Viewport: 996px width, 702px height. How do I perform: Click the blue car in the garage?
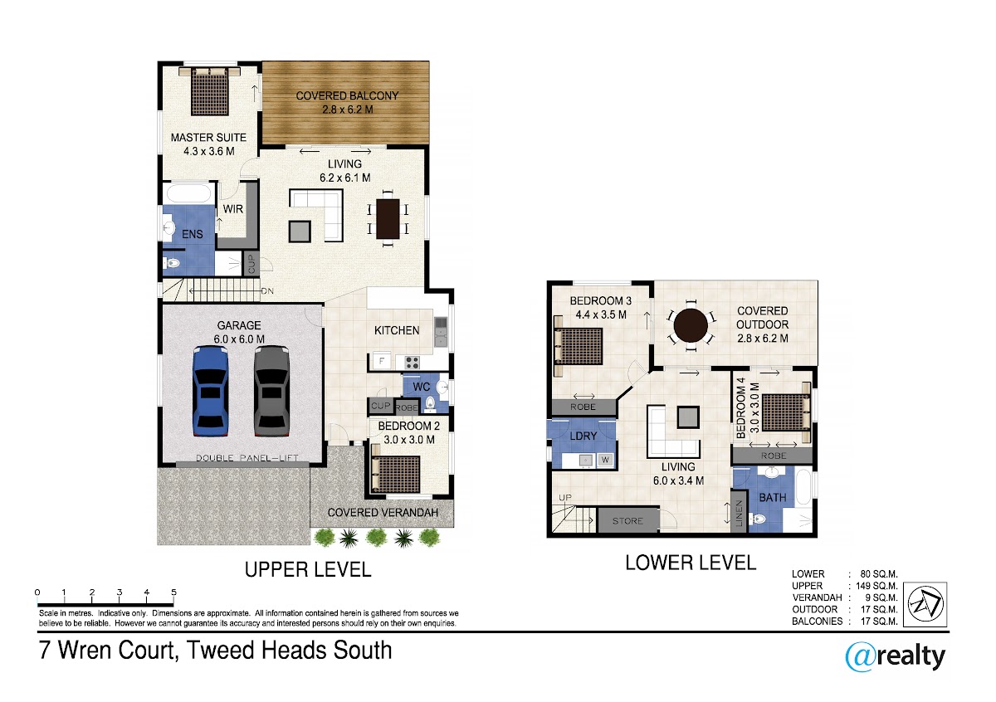click(211, 392)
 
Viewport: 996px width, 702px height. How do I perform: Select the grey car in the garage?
click(271, 392)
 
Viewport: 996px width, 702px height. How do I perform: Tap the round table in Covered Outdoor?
click(690, 326)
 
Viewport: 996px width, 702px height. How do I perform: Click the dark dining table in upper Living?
click(388, 219)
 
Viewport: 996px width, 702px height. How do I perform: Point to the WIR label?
click(233, 209)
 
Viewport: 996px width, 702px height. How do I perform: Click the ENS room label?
click(192, 234)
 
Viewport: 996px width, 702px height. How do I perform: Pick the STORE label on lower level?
click(627, 521)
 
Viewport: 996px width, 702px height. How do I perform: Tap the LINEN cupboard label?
click(739, 514)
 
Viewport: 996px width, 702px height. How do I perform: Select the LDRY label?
click(583, 436)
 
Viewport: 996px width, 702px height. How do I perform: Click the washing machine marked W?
click(605, 461)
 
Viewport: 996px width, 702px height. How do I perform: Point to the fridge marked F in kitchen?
click(382, 361)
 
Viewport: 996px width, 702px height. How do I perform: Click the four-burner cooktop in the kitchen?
click(412, 363)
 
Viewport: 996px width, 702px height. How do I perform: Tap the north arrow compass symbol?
click(925, 605)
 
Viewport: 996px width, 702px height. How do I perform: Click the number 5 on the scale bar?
click(173, 592)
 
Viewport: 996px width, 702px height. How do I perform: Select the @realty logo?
click(895, 656)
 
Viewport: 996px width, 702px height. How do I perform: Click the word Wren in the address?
click(85, 650)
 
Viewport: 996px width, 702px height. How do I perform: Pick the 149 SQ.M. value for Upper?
click(876, 586)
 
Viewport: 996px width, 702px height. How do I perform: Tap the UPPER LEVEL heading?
click(308, 570)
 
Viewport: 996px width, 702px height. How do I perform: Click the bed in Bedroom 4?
click(786, 412)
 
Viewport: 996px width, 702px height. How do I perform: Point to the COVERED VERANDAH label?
click(383, 513)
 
